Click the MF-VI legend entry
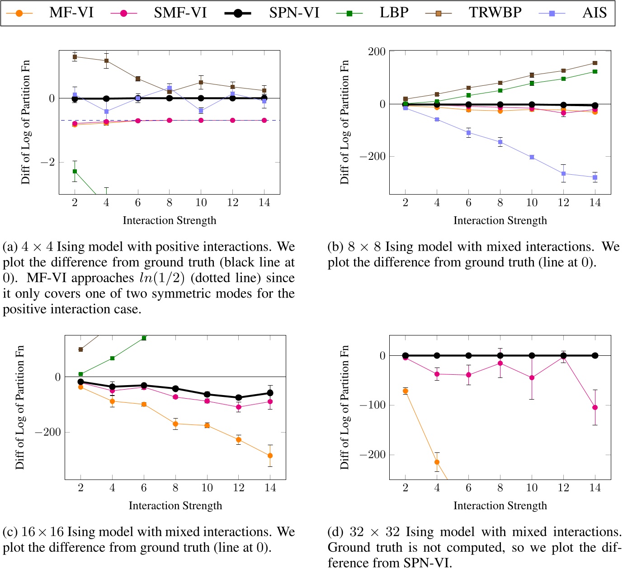[71, 13]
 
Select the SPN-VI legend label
[294, 13]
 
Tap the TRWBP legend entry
[495, 13]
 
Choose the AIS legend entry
[594, 13]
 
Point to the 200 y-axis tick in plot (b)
[377, 51]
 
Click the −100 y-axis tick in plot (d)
[373, 405]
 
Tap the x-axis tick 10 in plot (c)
[207, 488]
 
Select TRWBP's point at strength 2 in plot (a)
[75, 56]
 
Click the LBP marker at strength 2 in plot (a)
[75, 171]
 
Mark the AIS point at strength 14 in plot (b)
[595, 177]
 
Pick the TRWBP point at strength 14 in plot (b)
[595, 63]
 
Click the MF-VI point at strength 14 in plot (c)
[270, 456]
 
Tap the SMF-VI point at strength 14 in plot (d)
[595, 407]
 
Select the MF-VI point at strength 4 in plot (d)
[437, 462]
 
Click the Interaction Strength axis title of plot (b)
[500, 220]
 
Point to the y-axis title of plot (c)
[20, 407]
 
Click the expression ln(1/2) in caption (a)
[162, 278]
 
